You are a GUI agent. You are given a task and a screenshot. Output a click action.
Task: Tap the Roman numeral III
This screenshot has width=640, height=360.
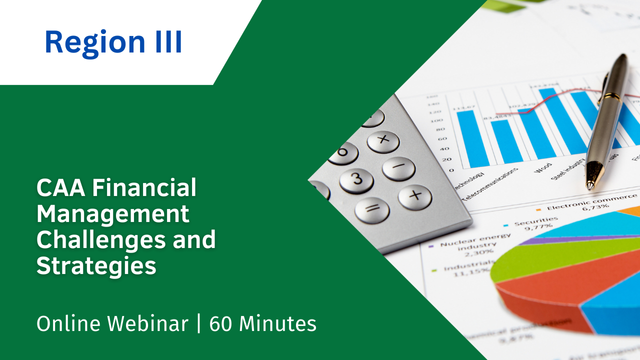pyautogui.click(x=164, y=42)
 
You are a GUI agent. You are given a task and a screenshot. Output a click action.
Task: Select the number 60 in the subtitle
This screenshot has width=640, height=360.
pyautogui.click(x=221, y=323)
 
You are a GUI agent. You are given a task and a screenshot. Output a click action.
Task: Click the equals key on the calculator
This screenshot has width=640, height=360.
pyautogui.click(x=372, y=210)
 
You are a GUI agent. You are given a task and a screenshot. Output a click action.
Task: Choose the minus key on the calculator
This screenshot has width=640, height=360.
pyautogui.click(x=398, y=167)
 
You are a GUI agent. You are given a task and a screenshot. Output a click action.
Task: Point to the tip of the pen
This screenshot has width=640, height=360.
pyautogui.click(x=591, y=185)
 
